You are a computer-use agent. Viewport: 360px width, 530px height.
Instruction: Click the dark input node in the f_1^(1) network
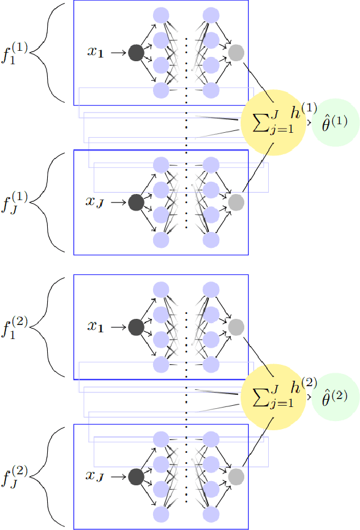[136, 53]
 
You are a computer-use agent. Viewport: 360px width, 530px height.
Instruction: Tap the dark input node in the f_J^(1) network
[136, 202]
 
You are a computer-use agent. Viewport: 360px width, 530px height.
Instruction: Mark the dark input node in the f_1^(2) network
[136, 327]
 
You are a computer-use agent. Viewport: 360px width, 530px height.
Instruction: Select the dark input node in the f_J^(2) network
[136, 477]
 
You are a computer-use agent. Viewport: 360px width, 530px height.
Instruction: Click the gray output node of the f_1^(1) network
[236, 53]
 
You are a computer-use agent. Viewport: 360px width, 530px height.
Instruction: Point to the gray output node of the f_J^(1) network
[236, 202]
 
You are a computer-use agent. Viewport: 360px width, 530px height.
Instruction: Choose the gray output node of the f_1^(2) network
[236, 327]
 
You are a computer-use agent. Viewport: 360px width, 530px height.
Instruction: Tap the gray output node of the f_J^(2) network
[236, 477]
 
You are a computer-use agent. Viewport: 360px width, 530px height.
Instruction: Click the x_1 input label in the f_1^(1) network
[99, 53]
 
